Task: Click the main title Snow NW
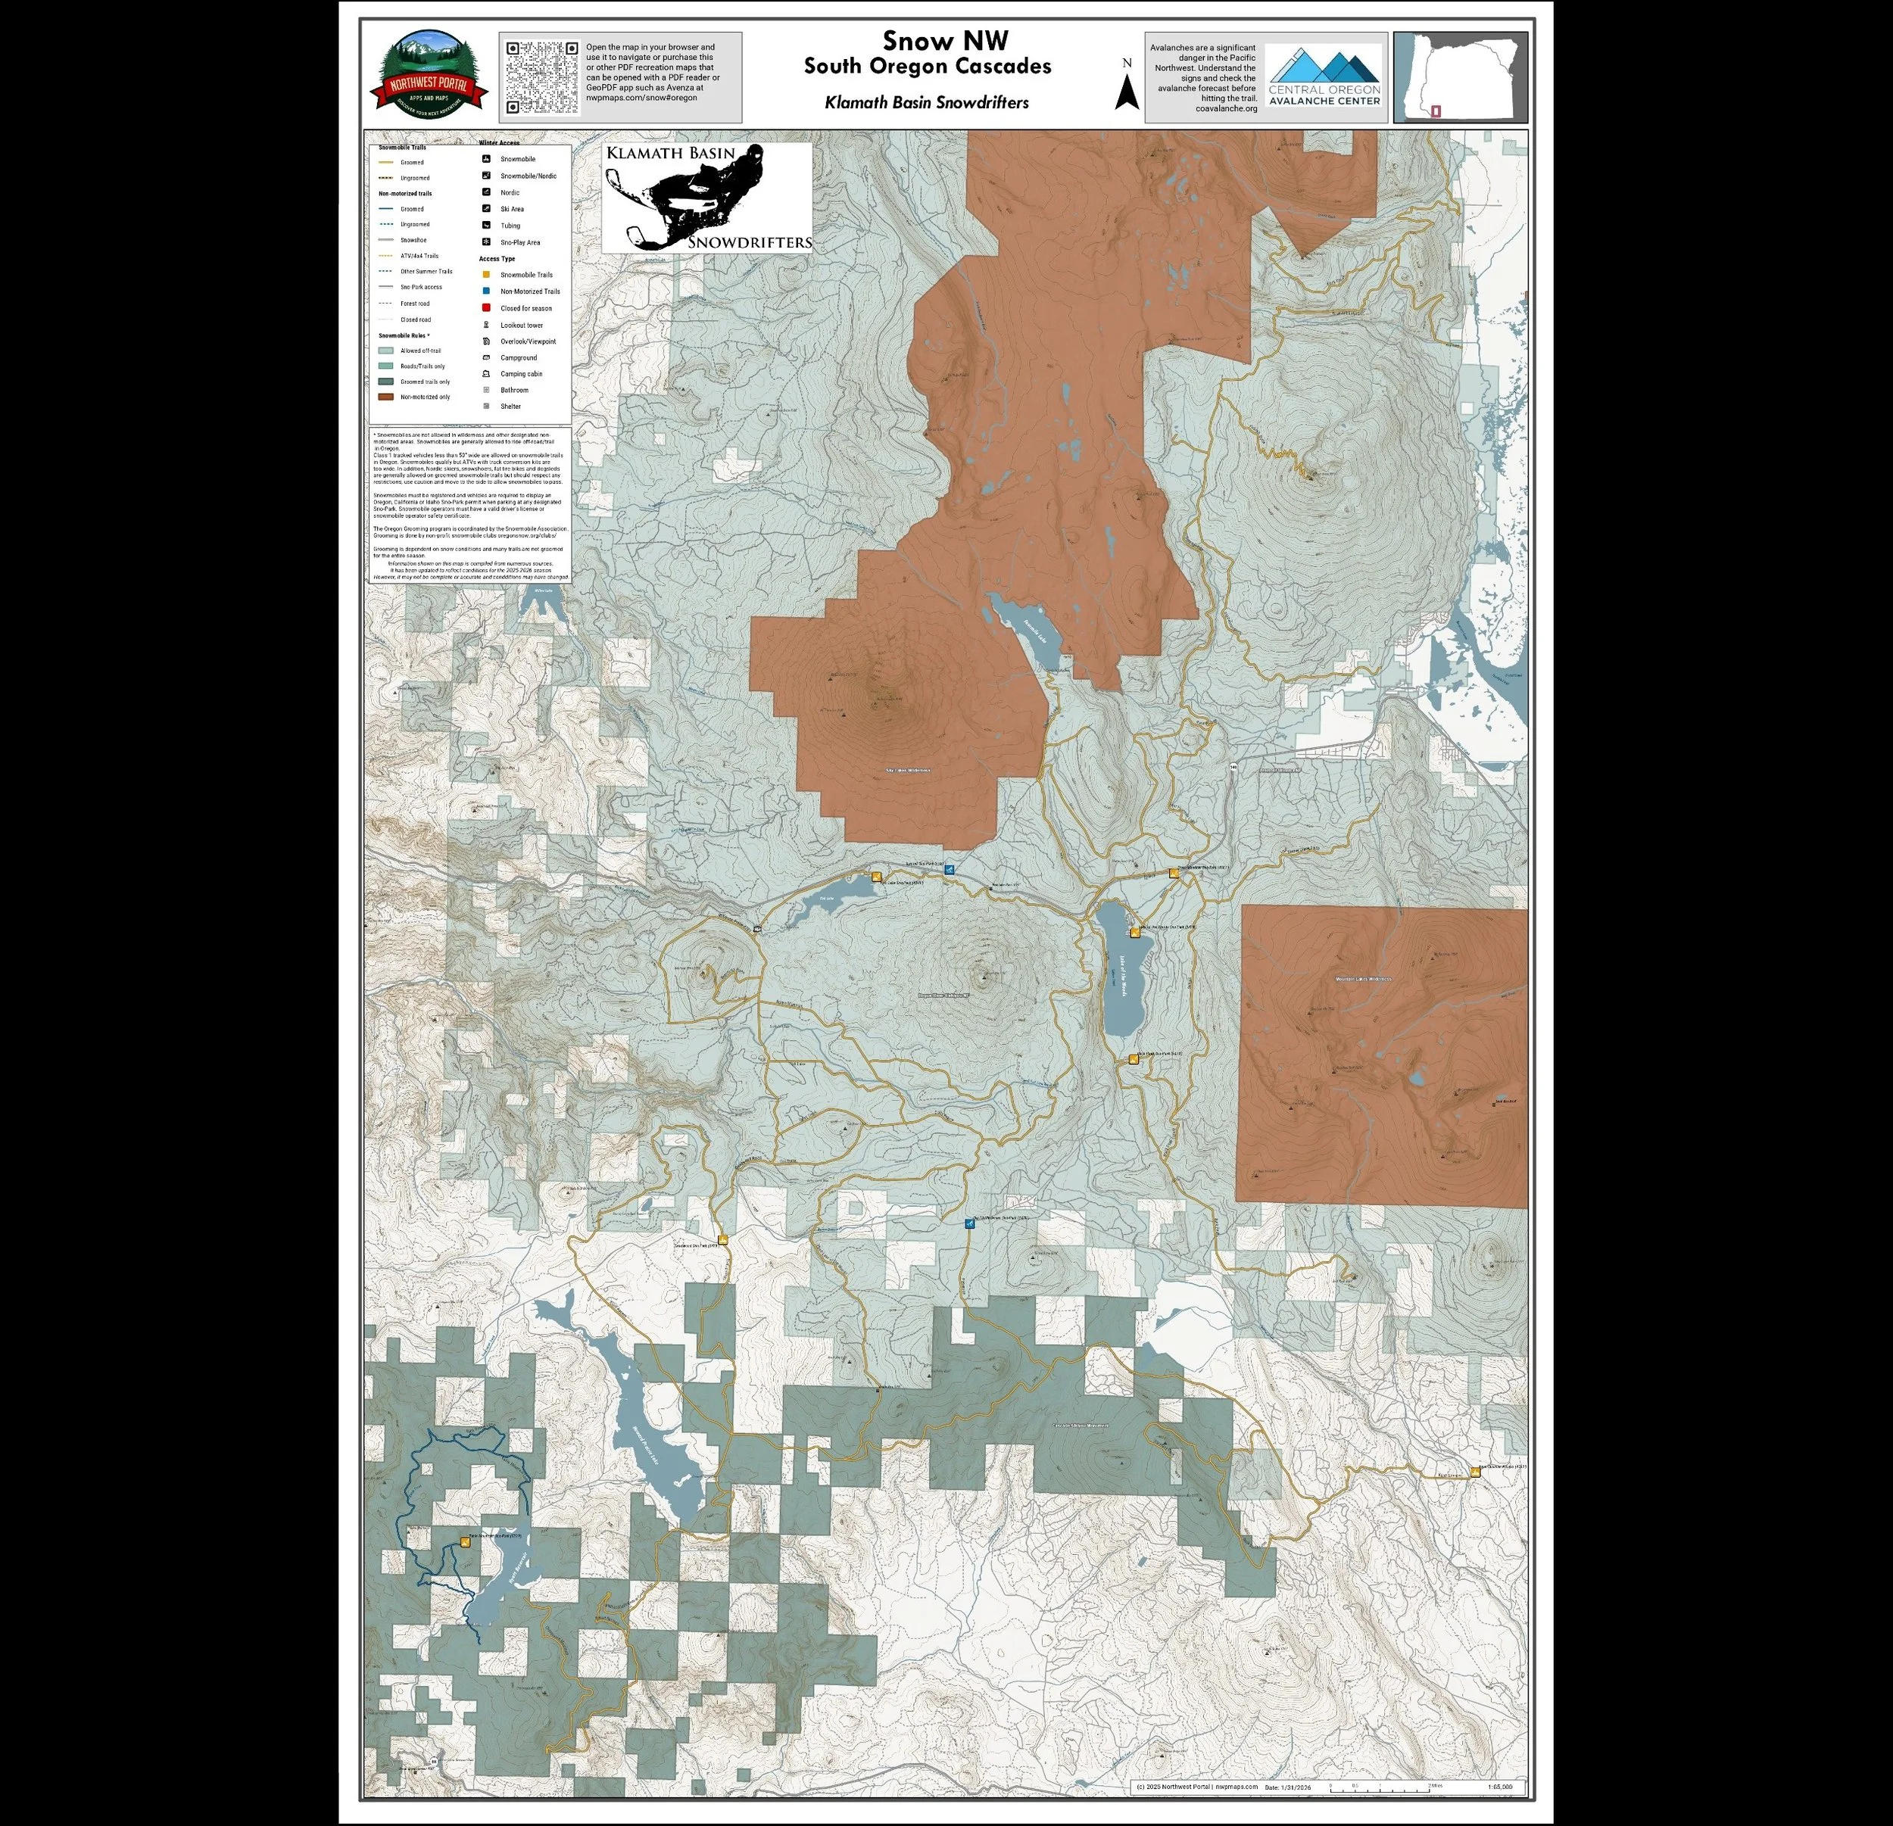944,41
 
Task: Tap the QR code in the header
542,77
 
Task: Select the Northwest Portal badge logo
429,76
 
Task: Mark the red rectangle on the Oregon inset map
1436,112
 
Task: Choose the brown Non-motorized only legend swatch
385,397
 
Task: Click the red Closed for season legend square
486,308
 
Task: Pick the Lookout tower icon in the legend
486,325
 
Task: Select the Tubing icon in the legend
486,225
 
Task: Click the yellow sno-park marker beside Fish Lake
877,877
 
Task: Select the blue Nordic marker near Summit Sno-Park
950,869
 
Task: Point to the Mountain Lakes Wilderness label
1361,979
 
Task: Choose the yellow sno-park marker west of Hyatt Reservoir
466,1542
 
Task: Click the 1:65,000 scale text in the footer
1500,1787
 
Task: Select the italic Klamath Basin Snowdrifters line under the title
926,102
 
